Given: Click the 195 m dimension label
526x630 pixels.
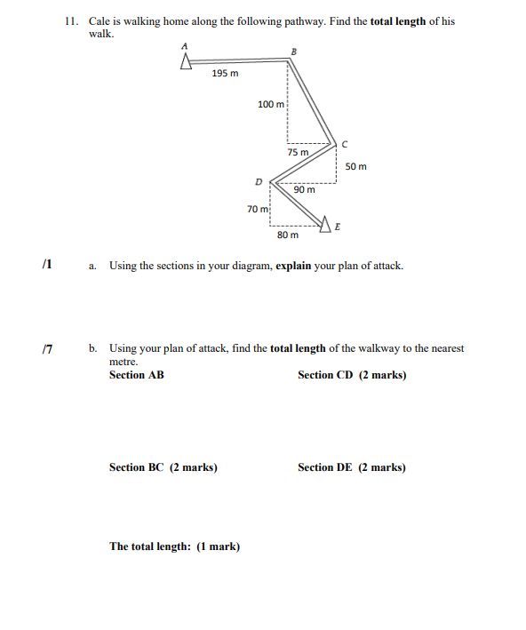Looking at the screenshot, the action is (x=225, y=74).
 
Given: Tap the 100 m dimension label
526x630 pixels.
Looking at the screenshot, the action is (x=270, y=105).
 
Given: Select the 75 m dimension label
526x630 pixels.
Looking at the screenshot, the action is (x=299, y=152).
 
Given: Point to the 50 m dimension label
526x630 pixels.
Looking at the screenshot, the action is (x=355, y=166).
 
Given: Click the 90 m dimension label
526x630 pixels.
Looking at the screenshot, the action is (x=305, y=189).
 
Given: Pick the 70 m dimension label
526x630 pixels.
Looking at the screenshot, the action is (x=258, y=209).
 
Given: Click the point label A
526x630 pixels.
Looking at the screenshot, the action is (x=186, y=45).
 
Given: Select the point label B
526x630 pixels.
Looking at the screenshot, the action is (x=294, y=51).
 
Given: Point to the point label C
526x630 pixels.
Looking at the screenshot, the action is (x=345, y=142).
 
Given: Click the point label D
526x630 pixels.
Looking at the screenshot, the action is (x=259, y=181).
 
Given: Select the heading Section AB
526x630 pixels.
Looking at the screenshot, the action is (x=136, y=375).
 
